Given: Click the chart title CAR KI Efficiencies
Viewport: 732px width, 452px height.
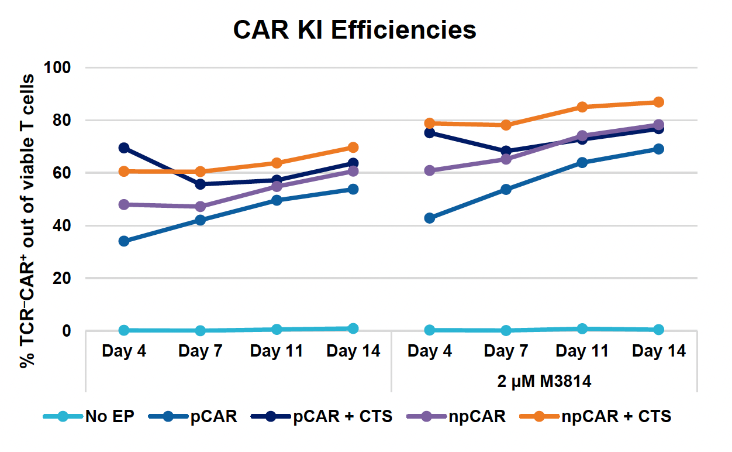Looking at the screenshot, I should tap(354, 30).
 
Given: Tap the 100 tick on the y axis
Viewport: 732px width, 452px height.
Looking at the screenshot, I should tap(58, 68).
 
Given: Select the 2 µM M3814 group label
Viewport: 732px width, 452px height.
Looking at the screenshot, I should tap(544, 382).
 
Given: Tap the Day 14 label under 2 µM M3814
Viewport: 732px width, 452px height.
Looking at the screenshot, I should tap(659, 351).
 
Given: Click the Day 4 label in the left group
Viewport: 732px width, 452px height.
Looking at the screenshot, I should tap(124, 351).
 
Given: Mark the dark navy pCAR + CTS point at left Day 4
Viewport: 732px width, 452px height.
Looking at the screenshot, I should tap(124, 148).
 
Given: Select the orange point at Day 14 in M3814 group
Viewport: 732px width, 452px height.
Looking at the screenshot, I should tap(659, 102).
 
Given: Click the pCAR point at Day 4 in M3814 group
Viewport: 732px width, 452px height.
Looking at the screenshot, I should tap(430, 218).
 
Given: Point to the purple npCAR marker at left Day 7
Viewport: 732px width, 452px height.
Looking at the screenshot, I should tap(201, 207).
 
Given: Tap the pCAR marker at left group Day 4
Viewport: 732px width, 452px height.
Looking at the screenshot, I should tap(124, 241).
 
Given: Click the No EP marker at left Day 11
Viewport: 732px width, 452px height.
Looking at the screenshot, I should tap(277, 330).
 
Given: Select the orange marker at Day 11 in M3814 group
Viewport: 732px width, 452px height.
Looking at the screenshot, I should tap(582, 107).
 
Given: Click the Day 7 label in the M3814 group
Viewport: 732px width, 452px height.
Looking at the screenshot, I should tap(506, 351).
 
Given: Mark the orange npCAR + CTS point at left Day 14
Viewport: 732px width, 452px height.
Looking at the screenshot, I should tap(353, 148).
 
